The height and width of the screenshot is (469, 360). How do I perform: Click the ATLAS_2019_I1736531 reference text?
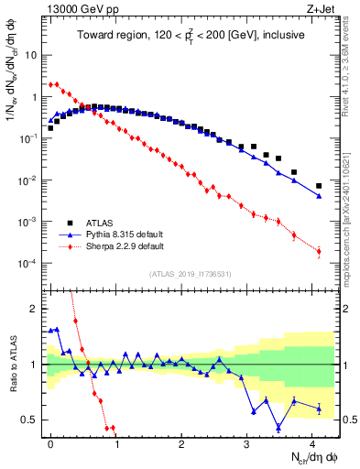(190, 274)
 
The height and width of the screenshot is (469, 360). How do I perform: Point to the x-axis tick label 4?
(313, 442)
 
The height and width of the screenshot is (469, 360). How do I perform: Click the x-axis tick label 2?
(181, 442)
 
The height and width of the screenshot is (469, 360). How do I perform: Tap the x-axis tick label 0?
(50, 442)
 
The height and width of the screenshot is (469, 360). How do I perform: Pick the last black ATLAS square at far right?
(319, 186)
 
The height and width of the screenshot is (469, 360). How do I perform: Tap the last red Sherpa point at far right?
(319, 251)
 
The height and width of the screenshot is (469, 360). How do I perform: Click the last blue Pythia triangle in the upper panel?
(319, 196)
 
